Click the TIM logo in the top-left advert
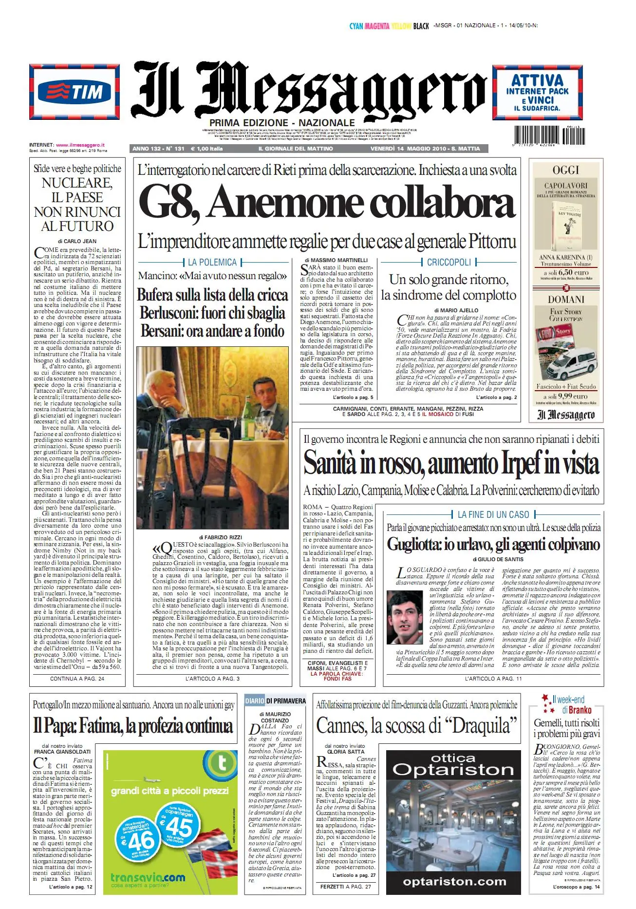click(75, 91)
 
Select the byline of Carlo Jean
click(77, 241)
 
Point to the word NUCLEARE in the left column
click(77, 183)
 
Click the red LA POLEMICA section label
click(212, 262)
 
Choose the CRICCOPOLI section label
click(449, 262)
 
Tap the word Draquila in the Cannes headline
click(480, 726)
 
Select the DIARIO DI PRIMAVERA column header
click(276, 701)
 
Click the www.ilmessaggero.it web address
click(80, 145)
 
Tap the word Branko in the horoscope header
click(580, 710)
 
